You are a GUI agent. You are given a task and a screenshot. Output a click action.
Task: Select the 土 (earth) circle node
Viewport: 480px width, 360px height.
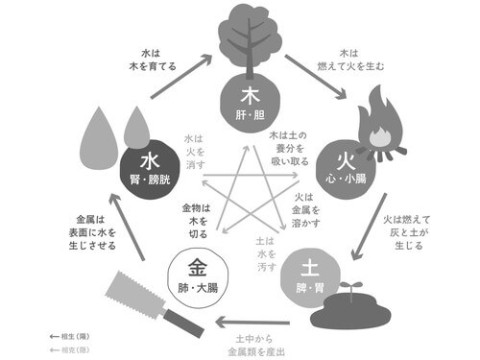pyautogui.click(x=305, y=272)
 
